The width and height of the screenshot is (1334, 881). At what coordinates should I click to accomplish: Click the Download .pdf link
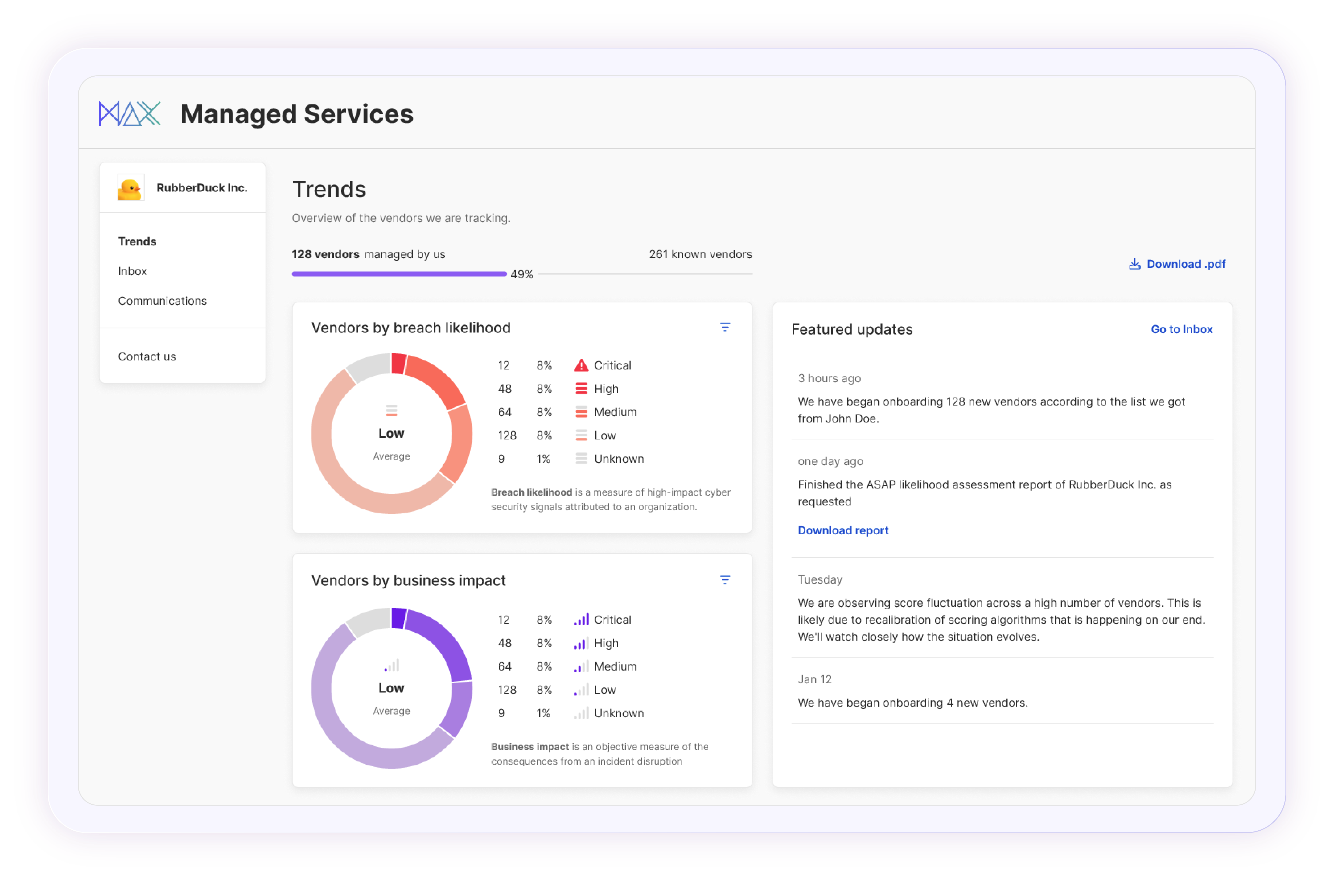pos(1178,264)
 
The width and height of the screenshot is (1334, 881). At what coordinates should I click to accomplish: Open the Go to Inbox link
pos(1181,329)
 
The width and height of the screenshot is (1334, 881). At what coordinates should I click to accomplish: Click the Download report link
pos(843,530)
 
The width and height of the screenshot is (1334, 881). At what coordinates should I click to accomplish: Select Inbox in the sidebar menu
pos(132,271)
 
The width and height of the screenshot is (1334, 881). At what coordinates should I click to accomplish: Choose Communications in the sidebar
pos(162,301)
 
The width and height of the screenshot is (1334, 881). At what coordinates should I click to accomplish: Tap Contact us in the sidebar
pos(146,357)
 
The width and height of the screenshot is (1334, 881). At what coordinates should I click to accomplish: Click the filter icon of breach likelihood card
pos(725,327)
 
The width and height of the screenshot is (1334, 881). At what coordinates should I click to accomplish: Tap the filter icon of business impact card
pos(725,580)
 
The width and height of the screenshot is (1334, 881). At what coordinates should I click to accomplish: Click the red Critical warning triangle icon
pos(581,366)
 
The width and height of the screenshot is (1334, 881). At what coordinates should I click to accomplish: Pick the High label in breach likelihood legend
pos(606,389)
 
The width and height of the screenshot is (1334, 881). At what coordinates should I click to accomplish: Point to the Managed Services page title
pos(296,114)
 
